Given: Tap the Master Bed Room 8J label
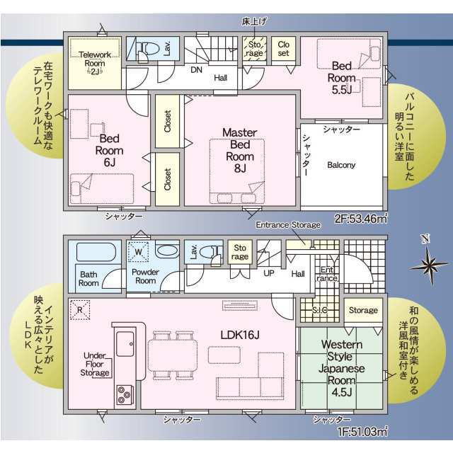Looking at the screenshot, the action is pyautogui.click(x=240, y=150).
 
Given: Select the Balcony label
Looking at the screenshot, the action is pyautogui.click(x=341, y=165).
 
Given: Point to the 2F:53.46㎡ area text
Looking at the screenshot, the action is pyautogui.click(x=361, y=219).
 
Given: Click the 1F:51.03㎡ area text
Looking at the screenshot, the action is pyautogui.click(x=362, y=432).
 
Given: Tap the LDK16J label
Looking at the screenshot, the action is pyautogui.click(x=240, y=335).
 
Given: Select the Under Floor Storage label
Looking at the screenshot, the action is pyautogui.click(x=95, y=364).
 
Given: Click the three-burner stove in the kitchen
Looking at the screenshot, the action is pyautogui.click(x=125, y=395).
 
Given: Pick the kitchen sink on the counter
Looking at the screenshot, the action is pyautogui.click(x=125, y=344).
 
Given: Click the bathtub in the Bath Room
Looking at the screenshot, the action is pyautogui.click(x=96, y=252).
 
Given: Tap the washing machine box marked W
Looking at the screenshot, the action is pyautogui.click(x=139, y=252).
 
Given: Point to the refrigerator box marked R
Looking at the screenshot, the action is pyautogui.click(x=80, y=310).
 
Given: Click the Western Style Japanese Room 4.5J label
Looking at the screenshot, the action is pyautogui.click(x=341, y=368).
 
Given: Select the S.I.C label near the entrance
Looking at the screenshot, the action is pyautogui.click(x=320, y=310).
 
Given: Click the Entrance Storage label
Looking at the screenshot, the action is pyautogui.click(x=288, y=225).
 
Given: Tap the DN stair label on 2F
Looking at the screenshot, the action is pyautogui.click(x=197, y=70).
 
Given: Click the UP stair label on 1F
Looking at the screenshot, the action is pyautogui.click(x=269, y=273).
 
